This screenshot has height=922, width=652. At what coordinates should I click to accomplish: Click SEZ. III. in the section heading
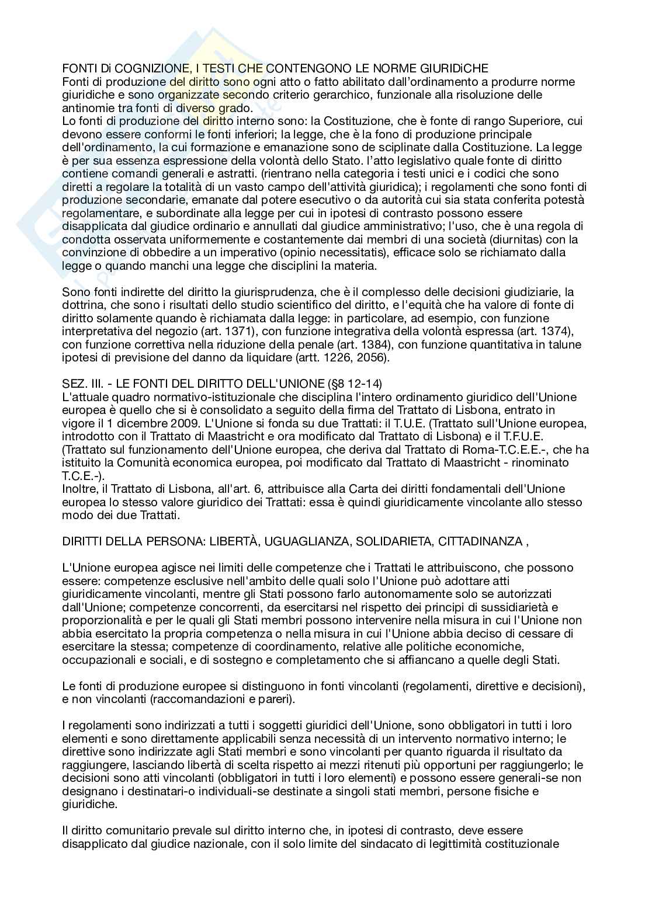(x=85, y=384)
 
